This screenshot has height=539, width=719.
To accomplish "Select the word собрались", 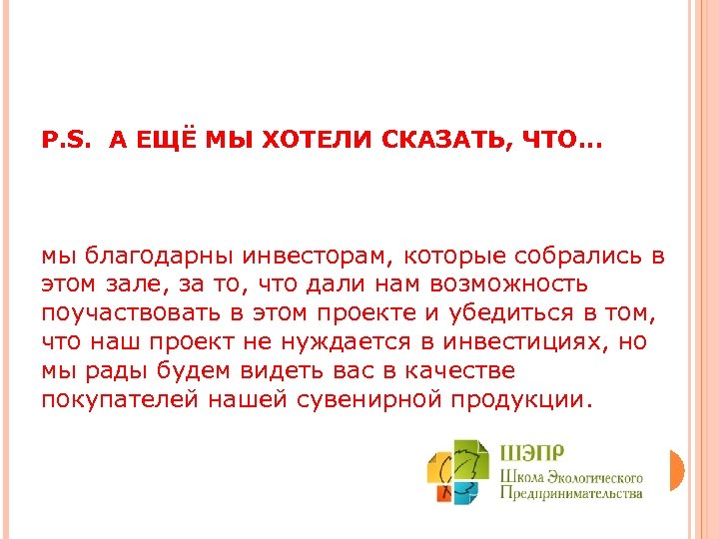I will coord(566,256).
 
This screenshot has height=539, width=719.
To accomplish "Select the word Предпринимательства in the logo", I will coord(570,494).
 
